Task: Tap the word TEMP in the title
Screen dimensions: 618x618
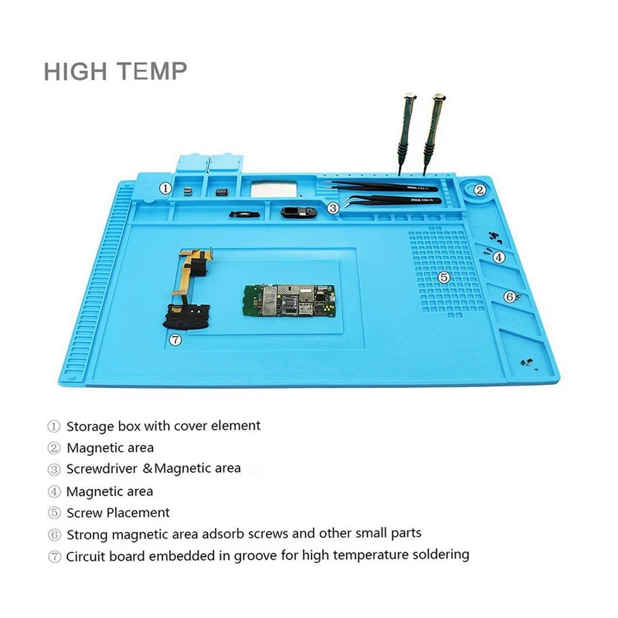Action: [x=150, y=71]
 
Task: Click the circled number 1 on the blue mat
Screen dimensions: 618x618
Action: [x=165, y=188]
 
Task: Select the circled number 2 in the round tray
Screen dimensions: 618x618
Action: [x=479, y=189]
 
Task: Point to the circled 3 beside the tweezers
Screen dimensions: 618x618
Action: [x=333, y=207]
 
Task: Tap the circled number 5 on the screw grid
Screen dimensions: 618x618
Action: [x=443, y=277]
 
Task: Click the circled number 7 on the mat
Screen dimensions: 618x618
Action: [x=175, y=338]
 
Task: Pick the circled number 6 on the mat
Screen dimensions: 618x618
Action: [x=510, y=297]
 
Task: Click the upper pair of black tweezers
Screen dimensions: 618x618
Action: [x=386, y=186]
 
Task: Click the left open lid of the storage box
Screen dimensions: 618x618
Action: [x=190, y=163]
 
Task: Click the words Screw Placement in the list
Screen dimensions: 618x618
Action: [x=118, y=512]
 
